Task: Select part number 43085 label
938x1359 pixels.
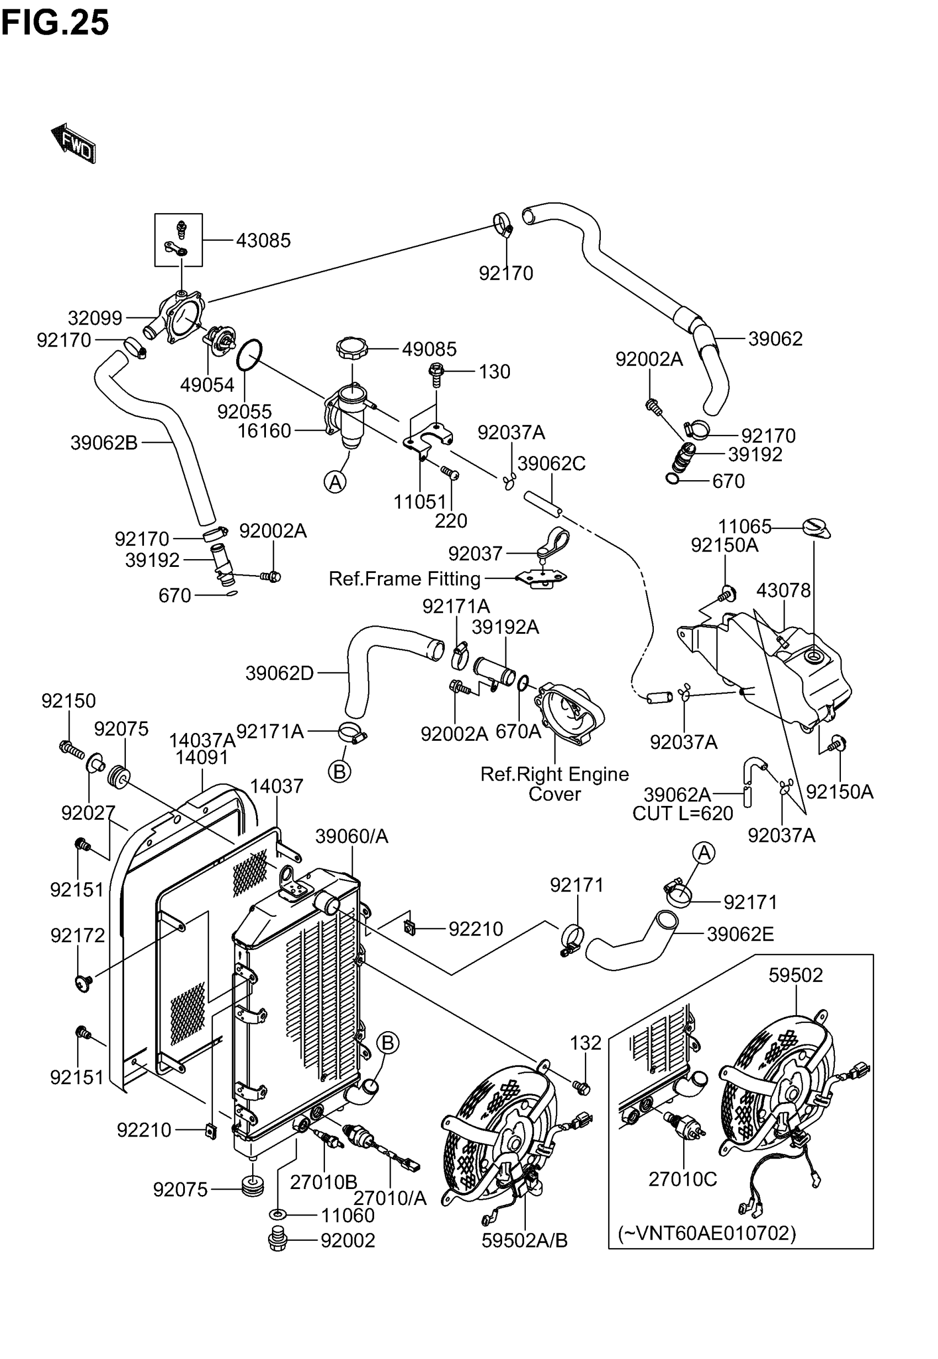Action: pyautogui.click(x=263, y=241)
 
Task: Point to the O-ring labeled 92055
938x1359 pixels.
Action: pyautogui.click(x=249, y=355)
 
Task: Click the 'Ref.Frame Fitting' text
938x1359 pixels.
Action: pyautogui.click(x=404, y=579)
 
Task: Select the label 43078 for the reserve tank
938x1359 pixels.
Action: pyautogui.click(x=783, y=590)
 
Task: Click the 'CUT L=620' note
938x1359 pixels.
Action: pyautogui.click(x=683, y=814)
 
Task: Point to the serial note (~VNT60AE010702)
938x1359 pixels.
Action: pyautogui.click(x=706, y=1233)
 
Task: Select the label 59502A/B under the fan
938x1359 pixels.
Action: pyautogui.click(x=524, y=1240)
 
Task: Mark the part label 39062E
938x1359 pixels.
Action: pyautogui.click(x=740, y=934)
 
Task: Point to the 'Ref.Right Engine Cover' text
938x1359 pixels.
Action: pyautogui.click(x=554, y=784)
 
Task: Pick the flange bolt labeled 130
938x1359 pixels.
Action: pyautogui.click(x=436, y=373)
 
